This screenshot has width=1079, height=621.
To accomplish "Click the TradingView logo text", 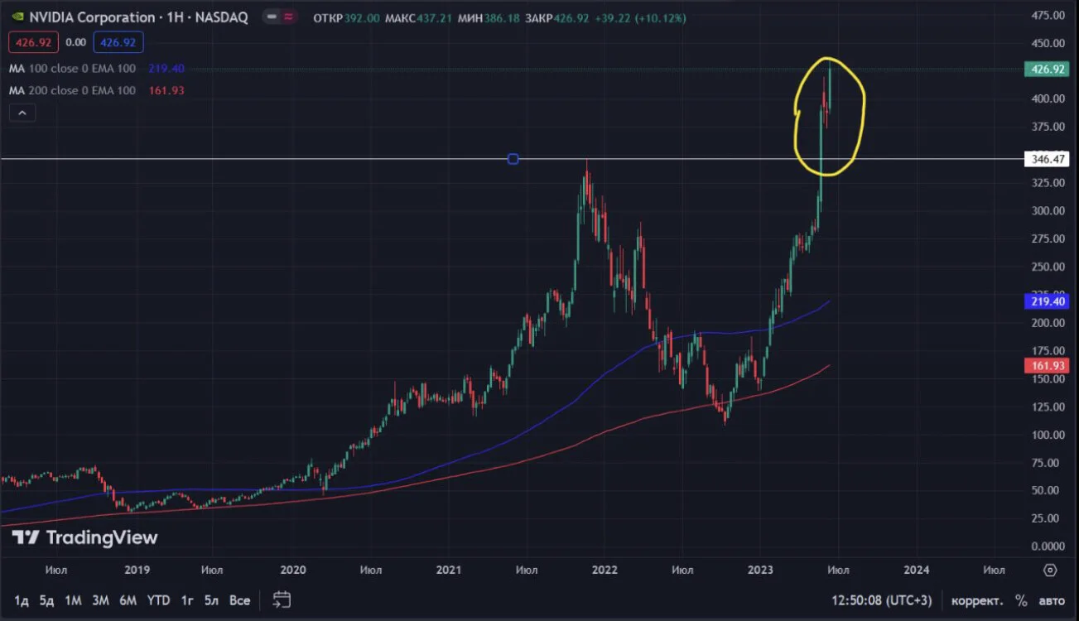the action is [102, 537].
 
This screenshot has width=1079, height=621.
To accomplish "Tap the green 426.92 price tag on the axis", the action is [1047, 70].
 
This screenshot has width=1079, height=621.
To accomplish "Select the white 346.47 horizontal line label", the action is [1047, 159].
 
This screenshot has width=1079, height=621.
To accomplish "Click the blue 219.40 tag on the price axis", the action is [1047, 301].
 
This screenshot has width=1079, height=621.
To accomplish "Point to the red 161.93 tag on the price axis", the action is [1047, 366].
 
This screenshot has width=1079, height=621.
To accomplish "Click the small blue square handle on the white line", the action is [513, 159].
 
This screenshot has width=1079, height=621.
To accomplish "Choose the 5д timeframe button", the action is [46, 600].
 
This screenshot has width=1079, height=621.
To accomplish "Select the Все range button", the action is [239, 600].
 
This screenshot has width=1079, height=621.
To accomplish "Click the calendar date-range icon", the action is [282, 599].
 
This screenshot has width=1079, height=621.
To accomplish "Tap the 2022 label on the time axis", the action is [604, 570].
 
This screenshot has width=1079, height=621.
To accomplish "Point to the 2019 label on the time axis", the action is [137, 570].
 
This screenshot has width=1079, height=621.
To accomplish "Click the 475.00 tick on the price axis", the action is [1048, 16].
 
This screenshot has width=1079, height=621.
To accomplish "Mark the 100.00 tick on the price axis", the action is [1048, 435].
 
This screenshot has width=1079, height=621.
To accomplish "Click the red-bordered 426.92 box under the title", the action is [33, 42].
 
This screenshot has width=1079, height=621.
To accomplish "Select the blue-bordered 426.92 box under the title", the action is [118, 42].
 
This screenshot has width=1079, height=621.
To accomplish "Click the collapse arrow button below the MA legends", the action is [22, 113].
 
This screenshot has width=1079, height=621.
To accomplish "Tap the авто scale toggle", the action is [1052, 601].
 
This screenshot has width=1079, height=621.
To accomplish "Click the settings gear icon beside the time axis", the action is [1050, 570].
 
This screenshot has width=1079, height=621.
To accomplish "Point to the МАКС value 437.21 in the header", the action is [434, 18].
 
